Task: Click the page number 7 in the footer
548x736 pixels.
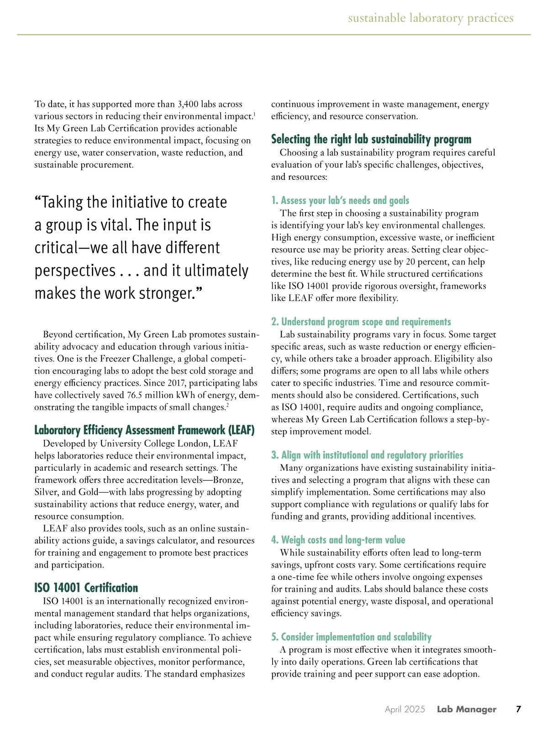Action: [x=518, y=709]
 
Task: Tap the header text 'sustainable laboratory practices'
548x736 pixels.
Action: [x=431, y=18]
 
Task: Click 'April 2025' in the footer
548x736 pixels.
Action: [x=405, y=709]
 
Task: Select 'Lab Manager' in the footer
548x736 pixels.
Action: [x=466, y=709]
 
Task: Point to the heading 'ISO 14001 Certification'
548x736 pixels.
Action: [x=86, y=588]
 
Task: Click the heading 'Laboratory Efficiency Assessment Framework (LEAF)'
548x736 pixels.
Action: [x=144, y=430]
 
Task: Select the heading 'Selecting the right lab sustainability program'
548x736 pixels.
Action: [x=371, y=139]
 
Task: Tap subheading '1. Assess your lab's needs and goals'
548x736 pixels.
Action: [x=340, y=200]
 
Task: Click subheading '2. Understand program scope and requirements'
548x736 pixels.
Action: [x=361, y=322]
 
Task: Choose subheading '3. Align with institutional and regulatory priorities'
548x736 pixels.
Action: [x=367, y=455]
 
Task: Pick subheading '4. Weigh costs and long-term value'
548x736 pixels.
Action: [x=338, y=540]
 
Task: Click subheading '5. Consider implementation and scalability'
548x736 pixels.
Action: [x=351, y=637]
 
